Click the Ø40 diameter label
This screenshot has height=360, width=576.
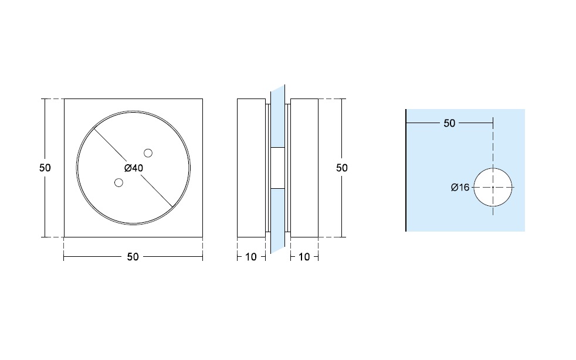tap(134, 168)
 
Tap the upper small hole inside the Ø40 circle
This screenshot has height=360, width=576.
tap(148, 153)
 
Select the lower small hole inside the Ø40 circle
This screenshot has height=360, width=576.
tap(118, 182)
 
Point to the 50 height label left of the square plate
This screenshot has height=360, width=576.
tap(45, 168)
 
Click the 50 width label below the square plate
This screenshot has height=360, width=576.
tap(133, 257)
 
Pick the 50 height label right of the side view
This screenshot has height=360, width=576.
tap(341, 168)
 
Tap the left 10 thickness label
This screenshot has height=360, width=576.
tap(251, 257)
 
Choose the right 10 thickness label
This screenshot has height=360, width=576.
tap(304, 257)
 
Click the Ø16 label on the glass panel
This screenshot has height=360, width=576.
tap(460, 188)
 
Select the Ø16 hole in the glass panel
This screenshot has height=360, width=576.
tap(493, 188)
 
